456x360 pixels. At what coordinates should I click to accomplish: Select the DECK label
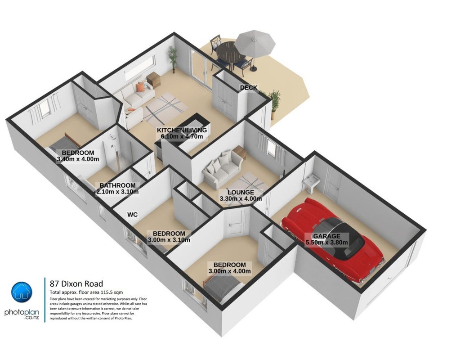(x=249, y=88)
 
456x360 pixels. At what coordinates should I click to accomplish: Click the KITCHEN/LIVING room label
(x=182, y=130)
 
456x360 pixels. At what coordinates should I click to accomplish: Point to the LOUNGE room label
(x=241, y=192)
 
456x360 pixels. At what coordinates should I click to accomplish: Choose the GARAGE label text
(x=326, y=236)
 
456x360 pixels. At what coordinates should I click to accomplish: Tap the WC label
(x=132, y=215)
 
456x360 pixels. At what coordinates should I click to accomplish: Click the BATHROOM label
(x=117, y=185)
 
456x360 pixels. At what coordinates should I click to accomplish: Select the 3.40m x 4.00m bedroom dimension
(x=78, y=159)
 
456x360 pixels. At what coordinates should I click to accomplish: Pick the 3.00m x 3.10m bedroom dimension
(x=169, y=240)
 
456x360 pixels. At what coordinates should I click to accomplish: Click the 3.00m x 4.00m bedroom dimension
(x=229, y=271)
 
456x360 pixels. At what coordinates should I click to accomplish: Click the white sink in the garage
(x=311, y=183)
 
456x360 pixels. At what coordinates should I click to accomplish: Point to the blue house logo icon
(x=22, y=292)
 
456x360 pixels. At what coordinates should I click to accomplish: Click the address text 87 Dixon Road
(x=76, y=283)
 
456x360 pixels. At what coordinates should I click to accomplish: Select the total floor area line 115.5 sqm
(x=86, y=292)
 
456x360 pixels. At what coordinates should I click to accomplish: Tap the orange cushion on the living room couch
(x=141, y=87)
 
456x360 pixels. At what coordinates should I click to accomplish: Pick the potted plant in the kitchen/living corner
(x=172, y=59)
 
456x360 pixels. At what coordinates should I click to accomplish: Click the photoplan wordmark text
(x=22, y=313)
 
